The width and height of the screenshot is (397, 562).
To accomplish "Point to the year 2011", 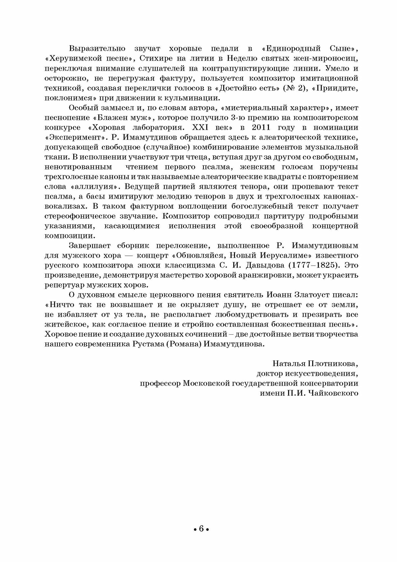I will point(261,127).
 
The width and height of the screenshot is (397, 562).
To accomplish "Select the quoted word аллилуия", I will point(97,187).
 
